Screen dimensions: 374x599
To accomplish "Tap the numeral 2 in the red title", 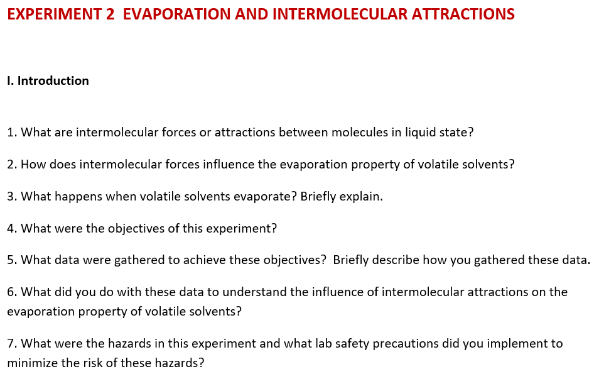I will (x=110, y=14).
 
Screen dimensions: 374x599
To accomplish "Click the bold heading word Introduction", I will (x=53, y=81).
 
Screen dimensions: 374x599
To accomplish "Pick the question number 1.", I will (x=11, y=133).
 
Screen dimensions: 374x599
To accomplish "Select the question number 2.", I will (x=11, y=165).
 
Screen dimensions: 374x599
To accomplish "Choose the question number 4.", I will (x=11, y=229).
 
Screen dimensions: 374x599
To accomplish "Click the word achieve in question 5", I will (x=204, y=260).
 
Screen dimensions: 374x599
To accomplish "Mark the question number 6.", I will (x=11, y=292).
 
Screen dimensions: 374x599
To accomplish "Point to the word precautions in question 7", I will (x=404, y=344).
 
